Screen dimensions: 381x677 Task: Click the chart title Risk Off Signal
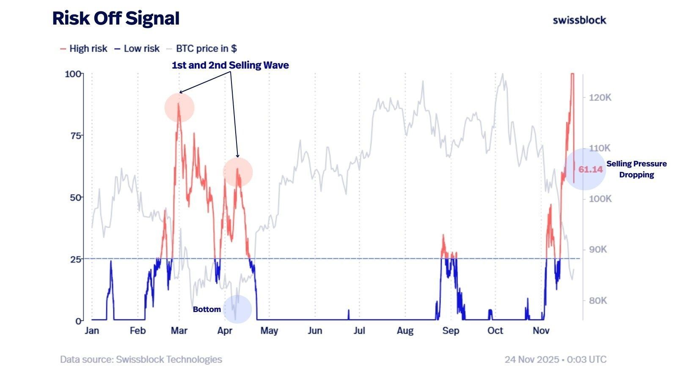click(116, 19)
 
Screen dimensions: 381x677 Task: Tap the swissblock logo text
click(579, 20)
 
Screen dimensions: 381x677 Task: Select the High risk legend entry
click(84, 49)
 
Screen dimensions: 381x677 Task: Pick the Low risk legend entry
click(137, 49)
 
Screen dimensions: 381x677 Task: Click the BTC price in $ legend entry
click(202, 49)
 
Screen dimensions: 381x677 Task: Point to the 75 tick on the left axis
click(76, 135)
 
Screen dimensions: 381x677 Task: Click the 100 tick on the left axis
click(73, 74)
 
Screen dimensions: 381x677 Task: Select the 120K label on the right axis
click(600, 97)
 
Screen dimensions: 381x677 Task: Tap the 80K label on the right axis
click(598, 301)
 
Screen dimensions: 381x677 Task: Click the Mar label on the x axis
click(179, 331)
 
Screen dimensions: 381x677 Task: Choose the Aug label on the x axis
click(405, 331)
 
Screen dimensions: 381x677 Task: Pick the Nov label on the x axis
click(541, 331)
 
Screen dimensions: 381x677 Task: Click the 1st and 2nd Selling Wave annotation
click(230, 65)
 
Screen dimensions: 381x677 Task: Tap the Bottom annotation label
click(207, 309)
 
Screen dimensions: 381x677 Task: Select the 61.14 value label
click(590, 169)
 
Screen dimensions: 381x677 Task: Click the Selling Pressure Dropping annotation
click(636, 169)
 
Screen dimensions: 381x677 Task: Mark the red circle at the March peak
click(179, 108)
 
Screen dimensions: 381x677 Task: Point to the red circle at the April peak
click(238, 172)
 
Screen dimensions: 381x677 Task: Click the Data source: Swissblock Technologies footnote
click(141, 359)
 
